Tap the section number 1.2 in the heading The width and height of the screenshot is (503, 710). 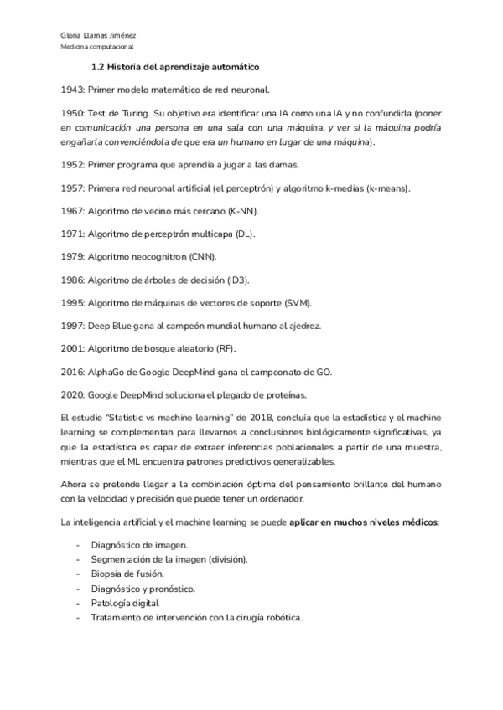click(98, 66)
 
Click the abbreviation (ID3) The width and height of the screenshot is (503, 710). click(246, 279)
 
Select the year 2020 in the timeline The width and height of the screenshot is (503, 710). click(73, 394)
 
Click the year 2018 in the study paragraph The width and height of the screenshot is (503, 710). click(253, 416)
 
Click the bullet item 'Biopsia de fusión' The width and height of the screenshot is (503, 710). click(128, 574)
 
